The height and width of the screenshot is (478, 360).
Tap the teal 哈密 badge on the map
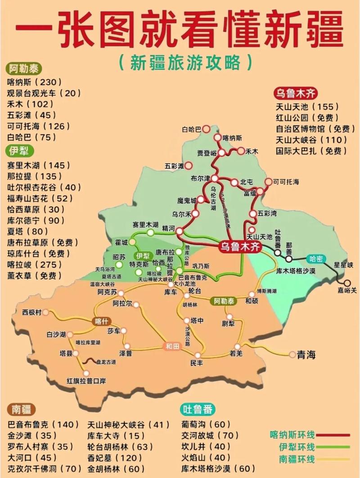(x=316, y=259)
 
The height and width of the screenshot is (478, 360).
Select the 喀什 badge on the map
(x=101, y=321)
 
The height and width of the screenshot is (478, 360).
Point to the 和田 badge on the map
(x=171, y=346)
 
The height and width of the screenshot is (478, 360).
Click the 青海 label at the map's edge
(x=306, y=355)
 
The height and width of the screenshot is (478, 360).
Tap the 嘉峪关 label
(x=346, y=290)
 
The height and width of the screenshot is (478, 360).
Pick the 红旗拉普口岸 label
(x=86, y=381)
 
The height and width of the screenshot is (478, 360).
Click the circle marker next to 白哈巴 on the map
(x=206, y=129)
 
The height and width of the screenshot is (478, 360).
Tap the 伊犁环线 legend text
(x=292, y=447)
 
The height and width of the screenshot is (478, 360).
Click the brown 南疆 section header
(x=22, y=409)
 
